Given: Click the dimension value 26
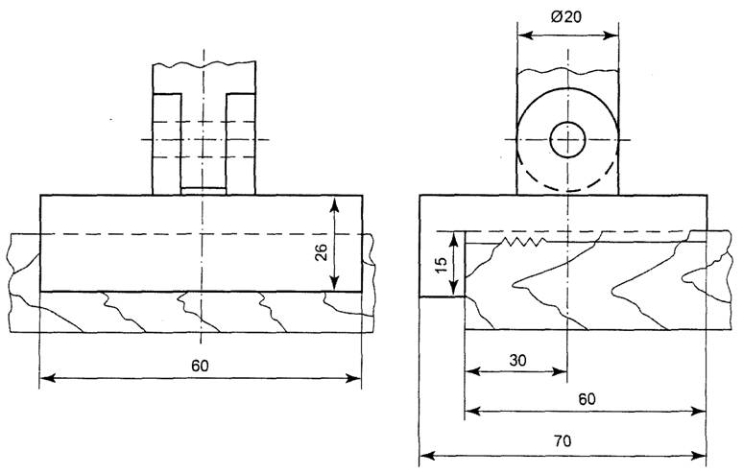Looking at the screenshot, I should pos(322,251).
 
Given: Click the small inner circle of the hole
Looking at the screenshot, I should pos(567,140).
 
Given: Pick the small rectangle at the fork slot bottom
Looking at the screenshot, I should pos(203,190).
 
